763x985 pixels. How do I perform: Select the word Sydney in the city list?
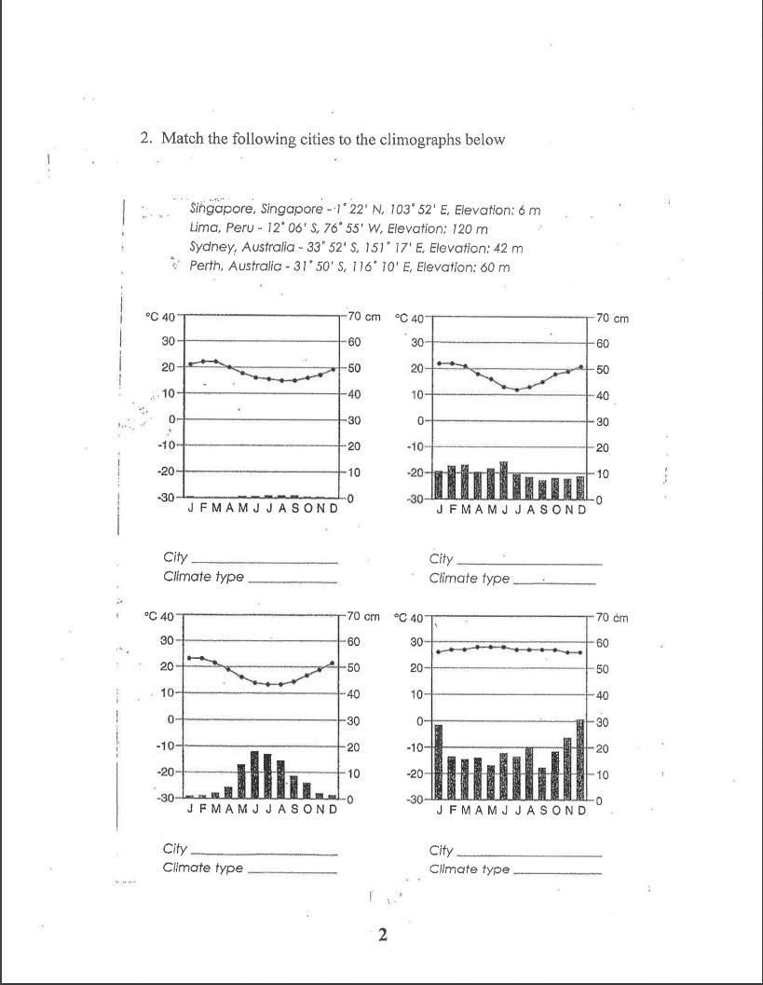point(211,248)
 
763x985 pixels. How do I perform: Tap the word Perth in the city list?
point(207,267)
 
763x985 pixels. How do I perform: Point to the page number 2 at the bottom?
point(382,936)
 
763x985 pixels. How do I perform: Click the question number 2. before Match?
point(146,139)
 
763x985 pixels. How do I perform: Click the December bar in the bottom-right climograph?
point(580,759)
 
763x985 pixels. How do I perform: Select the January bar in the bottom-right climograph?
point(439,761)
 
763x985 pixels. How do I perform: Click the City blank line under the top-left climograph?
point(264,562)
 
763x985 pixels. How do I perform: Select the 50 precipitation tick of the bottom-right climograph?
point(603,669)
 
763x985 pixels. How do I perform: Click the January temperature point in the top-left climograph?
point(191,363)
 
